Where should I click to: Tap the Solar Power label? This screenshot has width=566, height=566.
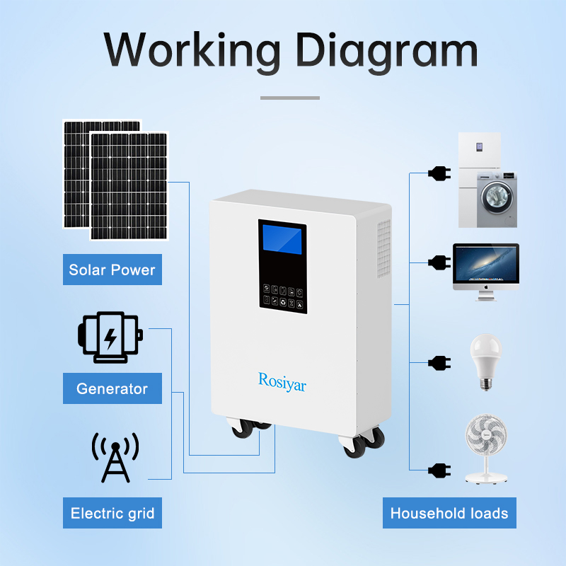click(112, 270)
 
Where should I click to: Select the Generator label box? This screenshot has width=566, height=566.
click(112, 388)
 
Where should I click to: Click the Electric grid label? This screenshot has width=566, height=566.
click(112, 513)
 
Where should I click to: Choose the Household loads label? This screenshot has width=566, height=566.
click(449, 513)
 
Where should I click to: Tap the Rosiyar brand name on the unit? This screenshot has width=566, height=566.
click(282, 381)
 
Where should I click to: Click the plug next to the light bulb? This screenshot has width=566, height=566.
click(439, 363)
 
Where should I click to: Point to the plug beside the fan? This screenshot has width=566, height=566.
click(439, 469)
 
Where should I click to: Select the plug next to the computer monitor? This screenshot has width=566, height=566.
click(439, 262)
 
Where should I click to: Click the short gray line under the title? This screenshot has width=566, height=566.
click(290, 98)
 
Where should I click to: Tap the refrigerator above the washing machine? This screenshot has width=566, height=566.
click(480, 152)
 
